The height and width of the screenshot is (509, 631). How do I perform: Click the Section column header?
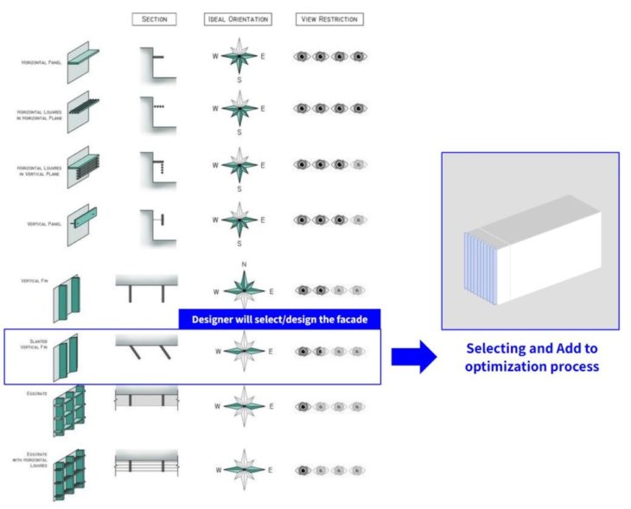pos(154,19)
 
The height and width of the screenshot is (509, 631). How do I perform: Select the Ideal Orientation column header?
pos(238,19)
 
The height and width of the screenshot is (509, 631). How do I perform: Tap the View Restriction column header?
pos(328,19)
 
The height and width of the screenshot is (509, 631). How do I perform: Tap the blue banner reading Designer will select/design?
pos(279,320)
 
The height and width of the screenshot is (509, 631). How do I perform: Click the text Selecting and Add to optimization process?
pos(532,356)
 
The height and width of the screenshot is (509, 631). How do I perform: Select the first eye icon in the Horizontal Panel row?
pos(303,57)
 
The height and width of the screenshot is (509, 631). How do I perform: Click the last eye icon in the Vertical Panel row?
pos(358,220)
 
